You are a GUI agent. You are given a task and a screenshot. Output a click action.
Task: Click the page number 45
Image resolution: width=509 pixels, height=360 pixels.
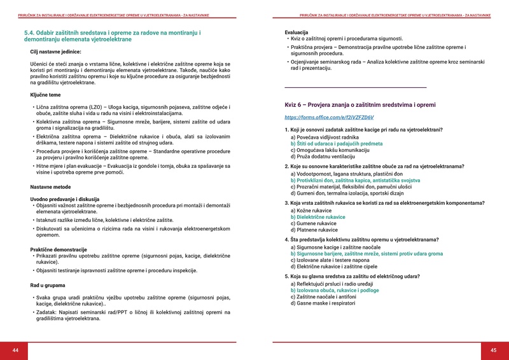click(493, 350)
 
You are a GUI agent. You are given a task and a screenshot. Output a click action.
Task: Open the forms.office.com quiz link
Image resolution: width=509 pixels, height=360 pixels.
click(329, 118)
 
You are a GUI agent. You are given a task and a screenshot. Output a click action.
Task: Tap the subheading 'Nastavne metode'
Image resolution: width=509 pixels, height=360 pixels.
click(51, 187)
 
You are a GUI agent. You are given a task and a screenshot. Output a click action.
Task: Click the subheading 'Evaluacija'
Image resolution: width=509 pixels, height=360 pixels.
click(296, 32)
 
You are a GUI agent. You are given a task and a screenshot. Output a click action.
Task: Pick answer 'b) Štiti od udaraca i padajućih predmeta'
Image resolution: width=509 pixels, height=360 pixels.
click(337, 144)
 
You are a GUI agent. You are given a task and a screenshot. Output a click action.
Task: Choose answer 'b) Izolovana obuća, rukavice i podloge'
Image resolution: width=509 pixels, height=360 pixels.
click(335, 290)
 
